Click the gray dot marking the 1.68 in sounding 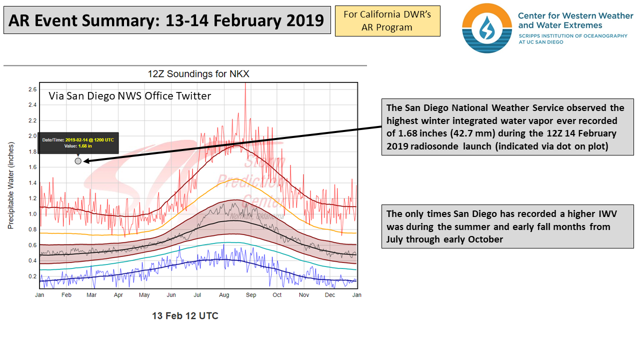point(78,161)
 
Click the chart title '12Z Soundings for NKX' point(198,74)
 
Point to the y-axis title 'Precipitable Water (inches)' point(10,185)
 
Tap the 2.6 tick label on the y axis point(32,89)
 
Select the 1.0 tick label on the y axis point(32,214)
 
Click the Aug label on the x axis point(224,295)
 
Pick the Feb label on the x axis point(66,295)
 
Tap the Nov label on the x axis point(303,295)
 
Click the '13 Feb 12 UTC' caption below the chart point(185,316)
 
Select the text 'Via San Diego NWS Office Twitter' point(129,96)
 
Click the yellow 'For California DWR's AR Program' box point(387,21)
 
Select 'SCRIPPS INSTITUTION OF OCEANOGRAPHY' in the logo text point(572,36)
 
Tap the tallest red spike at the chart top point(245,86)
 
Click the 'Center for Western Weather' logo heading point(575,16)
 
